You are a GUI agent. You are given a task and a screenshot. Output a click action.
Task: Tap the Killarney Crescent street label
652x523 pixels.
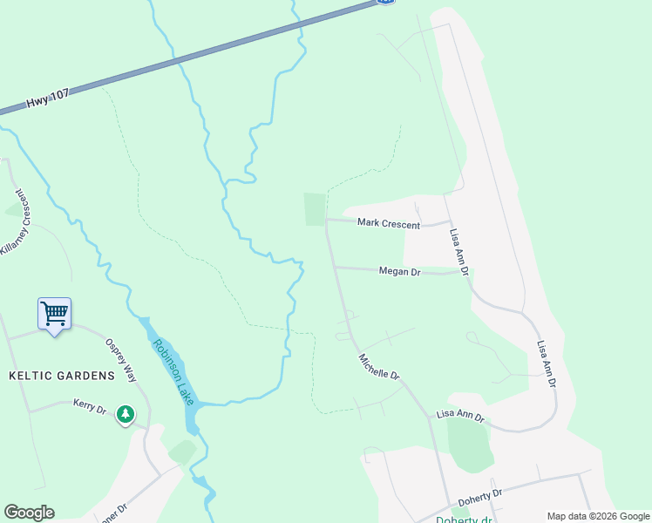(20, 221)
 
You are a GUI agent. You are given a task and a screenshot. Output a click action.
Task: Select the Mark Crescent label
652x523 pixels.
(389, 224)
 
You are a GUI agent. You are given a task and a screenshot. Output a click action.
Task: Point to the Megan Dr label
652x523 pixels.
(400, 272)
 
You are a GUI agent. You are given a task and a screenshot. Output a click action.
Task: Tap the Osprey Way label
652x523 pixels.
(121, 360)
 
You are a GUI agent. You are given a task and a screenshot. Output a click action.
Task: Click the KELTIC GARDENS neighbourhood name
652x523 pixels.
(62, 376)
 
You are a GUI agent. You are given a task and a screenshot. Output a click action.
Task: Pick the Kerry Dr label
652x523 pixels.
(89, 407)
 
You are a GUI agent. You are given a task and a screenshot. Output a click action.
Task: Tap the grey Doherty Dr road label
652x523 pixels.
(481, 499)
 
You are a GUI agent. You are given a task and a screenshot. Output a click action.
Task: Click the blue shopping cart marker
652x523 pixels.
(54, 313)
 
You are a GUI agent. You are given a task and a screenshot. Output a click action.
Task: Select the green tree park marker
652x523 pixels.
(126, 414)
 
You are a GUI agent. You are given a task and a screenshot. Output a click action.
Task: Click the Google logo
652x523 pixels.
(29, 513)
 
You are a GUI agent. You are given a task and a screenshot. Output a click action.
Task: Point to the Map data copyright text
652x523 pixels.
(598, 516)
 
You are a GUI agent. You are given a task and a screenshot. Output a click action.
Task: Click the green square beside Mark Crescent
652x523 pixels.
(314, 209)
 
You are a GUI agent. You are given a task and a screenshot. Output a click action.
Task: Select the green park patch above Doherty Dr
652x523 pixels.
(470, 445)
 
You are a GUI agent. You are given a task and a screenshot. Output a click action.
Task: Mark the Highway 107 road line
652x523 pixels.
(218, 48)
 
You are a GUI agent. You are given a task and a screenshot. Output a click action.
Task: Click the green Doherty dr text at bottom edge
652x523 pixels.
(465, 520)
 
